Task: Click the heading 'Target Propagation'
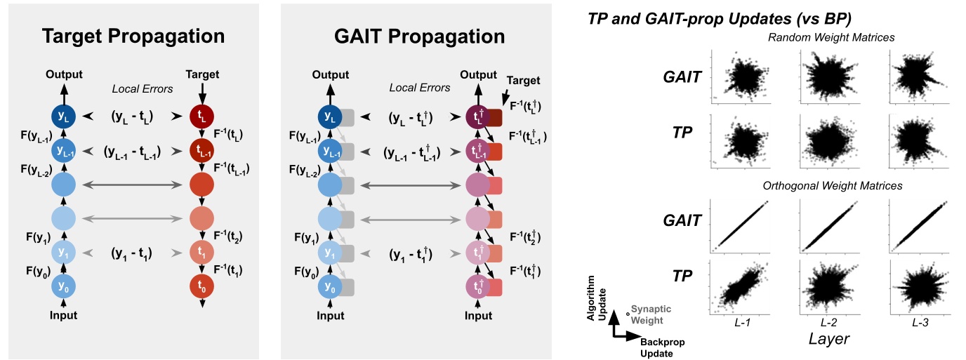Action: (x=133, y=36)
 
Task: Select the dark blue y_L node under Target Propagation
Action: (x=64, y=116)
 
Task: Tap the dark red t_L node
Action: (x=202, y=116)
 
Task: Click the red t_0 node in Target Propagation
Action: (x=202, y=286)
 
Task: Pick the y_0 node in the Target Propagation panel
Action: (x=64, y=286)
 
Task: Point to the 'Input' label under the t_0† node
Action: (x=479, y=316)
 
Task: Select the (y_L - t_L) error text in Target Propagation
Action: (x=133, y=116)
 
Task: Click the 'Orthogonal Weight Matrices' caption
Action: (x=833, y=186)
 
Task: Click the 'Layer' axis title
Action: (x=828, y=338)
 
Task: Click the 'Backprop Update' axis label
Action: (x=663, y=347)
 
